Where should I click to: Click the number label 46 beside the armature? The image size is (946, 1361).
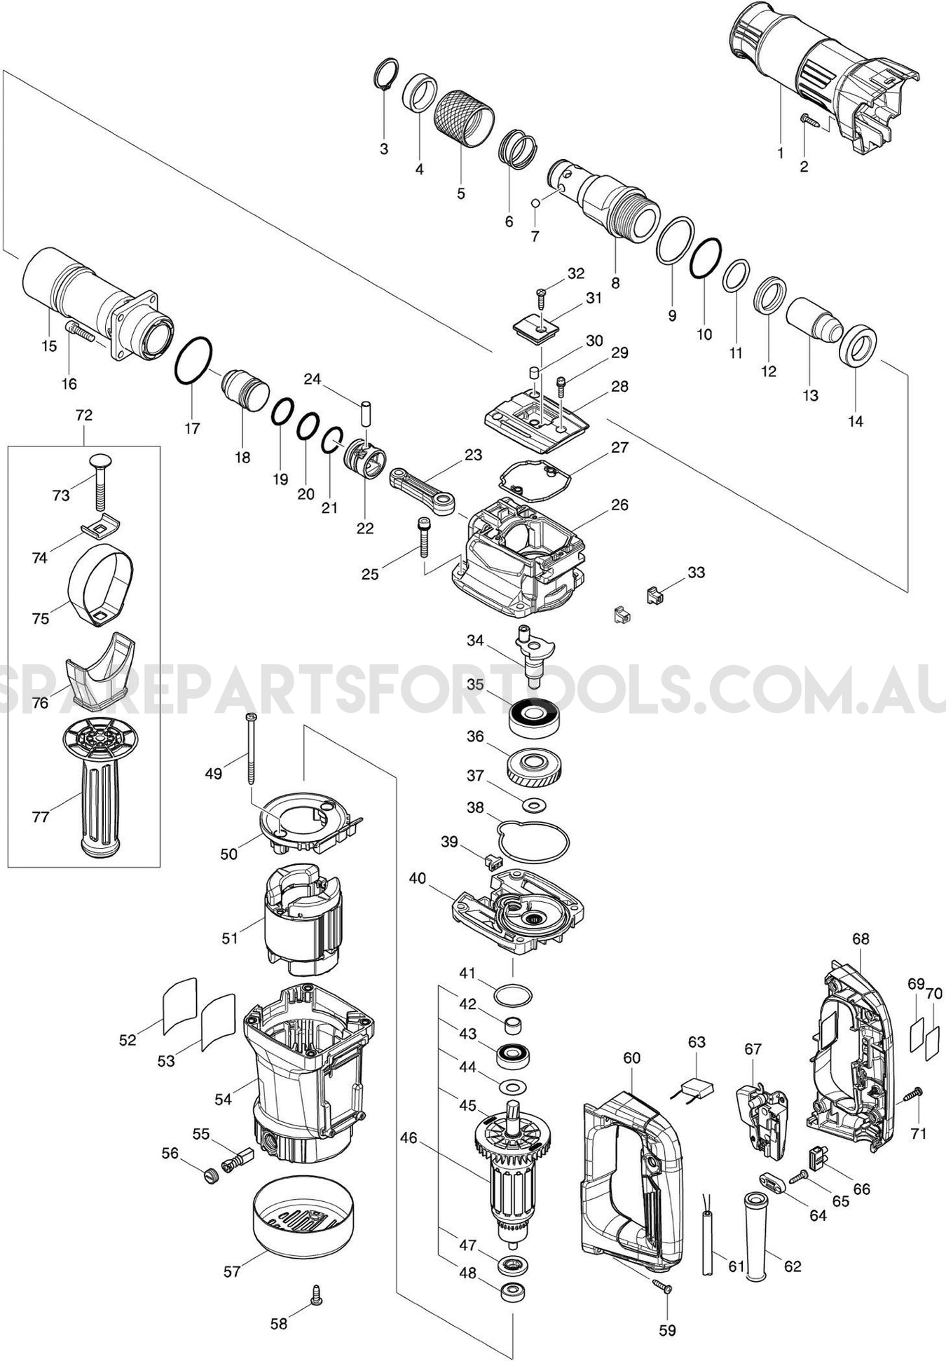click(x=409, y=1138)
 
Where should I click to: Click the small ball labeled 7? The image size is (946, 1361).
click(x=535, y=203)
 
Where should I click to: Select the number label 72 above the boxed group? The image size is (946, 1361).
click(x=83, y=415)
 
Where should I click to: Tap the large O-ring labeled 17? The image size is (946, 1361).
click(x=193, y=360)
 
